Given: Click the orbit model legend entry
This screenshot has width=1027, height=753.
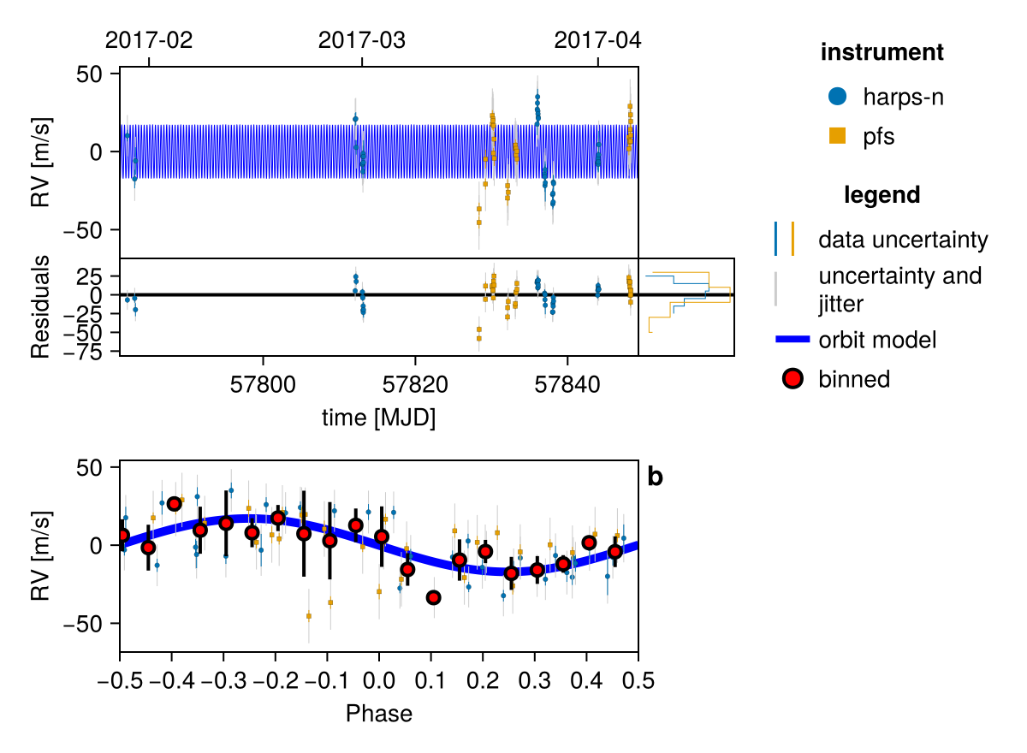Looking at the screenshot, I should [876, 340].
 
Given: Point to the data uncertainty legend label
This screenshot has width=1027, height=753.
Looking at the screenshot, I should [903, 240].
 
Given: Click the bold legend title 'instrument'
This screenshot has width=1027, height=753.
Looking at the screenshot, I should [882, 52].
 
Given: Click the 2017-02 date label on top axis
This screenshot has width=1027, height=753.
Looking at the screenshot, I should [149, 39].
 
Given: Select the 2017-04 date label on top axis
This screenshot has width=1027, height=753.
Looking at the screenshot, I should [597, 39].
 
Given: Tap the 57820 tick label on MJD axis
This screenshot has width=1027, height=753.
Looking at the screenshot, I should [415, 385].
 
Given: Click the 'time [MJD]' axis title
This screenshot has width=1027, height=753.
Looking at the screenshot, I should [378, 418].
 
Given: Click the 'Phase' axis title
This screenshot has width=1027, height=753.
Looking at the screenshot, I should [378, 713].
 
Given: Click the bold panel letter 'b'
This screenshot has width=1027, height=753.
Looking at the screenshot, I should [655, 477].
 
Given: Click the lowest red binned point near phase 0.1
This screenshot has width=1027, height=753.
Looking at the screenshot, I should [433, 597].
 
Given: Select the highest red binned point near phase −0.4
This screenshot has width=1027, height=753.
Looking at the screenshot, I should [174, 503].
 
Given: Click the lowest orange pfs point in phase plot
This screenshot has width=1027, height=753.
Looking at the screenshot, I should [309, 616].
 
